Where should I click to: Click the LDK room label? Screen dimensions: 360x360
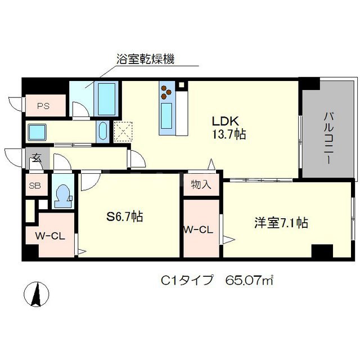(x=226, y=121)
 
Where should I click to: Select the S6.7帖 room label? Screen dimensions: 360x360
(x=125, y=216)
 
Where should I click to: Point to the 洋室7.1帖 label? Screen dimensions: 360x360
(x=280, y=223)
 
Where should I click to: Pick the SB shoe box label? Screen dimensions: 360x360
(x=35, y=186)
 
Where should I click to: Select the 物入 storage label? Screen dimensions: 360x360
(x=201, y=184)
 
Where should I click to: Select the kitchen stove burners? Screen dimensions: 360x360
(x=168, y=91)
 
